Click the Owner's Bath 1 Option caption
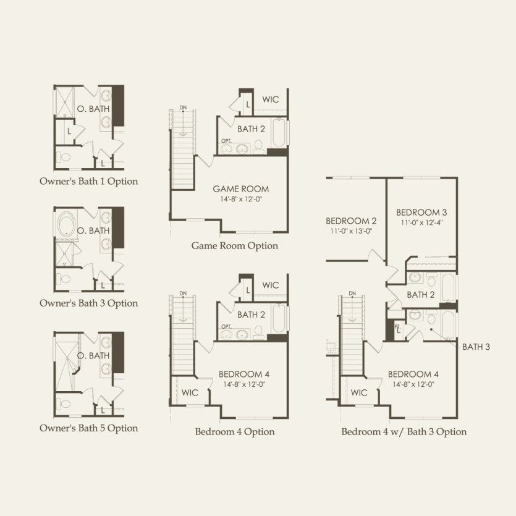click(x=88, y=181)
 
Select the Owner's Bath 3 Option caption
click(x=88, y=303)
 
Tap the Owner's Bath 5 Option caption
click(x=88, y=428)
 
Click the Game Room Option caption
click(x=235, y=246)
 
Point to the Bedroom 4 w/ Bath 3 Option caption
click(x=404, y=432)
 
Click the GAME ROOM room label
click(x=241, y=189)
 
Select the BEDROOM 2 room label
click(x=351, y=221)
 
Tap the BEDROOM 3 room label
click(x=421, y=212)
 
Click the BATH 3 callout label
click(x=476, y=347)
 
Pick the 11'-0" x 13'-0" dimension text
click(x=351, y=231)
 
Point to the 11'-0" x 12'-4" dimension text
click(x=421, y=222)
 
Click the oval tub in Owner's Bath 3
click(x=67, y=224)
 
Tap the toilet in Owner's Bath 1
click(x=64, y=157)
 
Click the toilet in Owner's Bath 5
click(x=64, y=404)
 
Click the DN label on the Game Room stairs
click(x=183, y=108)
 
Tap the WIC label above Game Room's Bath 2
click(x=271, y=99)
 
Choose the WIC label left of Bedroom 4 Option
click(x=190, y=392)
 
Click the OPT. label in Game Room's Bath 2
click(x=226, y=141)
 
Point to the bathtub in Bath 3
click(x=449, y=325)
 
